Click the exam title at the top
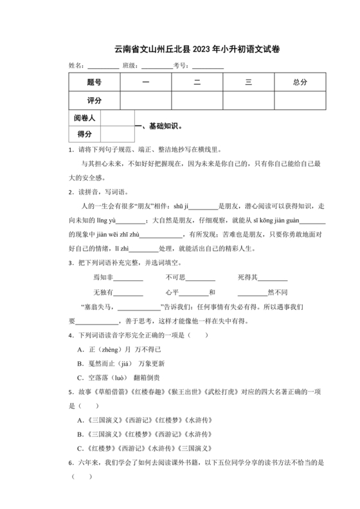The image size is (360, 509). coord(179,49)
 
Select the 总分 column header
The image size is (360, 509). coord(300,82)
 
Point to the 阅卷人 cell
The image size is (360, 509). coord(84,118)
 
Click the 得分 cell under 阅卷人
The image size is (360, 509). coord(84,134)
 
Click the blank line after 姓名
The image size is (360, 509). coord(103,66)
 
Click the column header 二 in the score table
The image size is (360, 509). coord(197,82)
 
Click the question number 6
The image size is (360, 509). coord(70,463)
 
